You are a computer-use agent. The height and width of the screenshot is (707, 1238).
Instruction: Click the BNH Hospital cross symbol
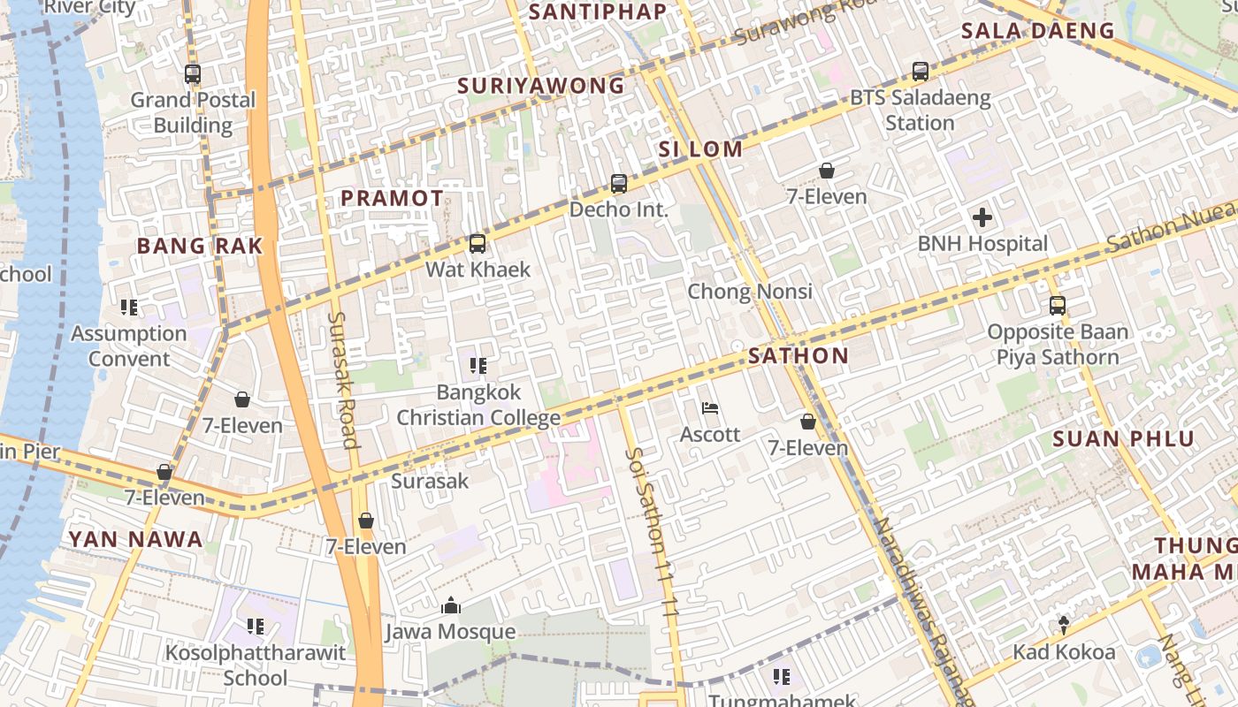(982, 217)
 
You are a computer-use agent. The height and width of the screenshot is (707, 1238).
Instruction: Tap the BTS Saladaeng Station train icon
(921, 72)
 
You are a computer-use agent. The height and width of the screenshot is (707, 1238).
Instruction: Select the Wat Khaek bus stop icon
(478, 244)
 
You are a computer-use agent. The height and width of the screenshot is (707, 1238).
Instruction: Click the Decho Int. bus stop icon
(619, 184)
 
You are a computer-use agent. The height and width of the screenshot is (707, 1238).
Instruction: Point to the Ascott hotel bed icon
(709, 408)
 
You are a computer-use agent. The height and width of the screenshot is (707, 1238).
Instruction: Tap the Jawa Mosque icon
(451, 606)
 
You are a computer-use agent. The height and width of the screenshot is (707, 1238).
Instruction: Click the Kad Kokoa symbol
(1064, 626)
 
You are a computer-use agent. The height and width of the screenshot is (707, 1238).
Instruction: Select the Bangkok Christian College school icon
(478, 365)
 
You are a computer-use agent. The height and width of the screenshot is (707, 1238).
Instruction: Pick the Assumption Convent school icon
(129, 308)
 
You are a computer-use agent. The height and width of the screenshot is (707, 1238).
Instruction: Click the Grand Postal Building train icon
(193, 74)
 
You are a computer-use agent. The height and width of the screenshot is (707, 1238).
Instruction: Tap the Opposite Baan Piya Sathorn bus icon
(1058, 306)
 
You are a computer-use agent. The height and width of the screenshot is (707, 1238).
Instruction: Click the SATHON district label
(798, 356)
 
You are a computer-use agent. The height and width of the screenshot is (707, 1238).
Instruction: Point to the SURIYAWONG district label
(541, 86)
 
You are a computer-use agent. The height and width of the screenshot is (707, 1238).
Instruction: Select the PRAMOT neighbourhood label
(392, 199)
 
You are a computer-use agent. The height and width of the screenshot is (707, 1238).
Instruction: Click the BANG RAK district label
(200, 247)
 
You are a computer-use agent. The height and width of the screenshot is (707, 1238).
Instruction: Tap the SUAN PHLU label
(1123, 439)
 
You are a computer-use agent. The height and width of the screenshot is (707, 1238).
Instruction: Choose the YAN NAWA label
(135, 539)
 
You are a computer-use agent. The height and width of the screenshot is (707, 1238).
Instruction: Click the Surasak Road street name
(342, 380)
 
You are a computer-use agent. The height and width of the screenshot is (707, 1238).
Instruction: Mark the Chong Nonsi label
(750, 292)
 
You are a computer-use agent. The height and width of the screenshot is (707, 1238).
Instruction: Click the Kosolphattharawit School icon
(256, 627)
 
